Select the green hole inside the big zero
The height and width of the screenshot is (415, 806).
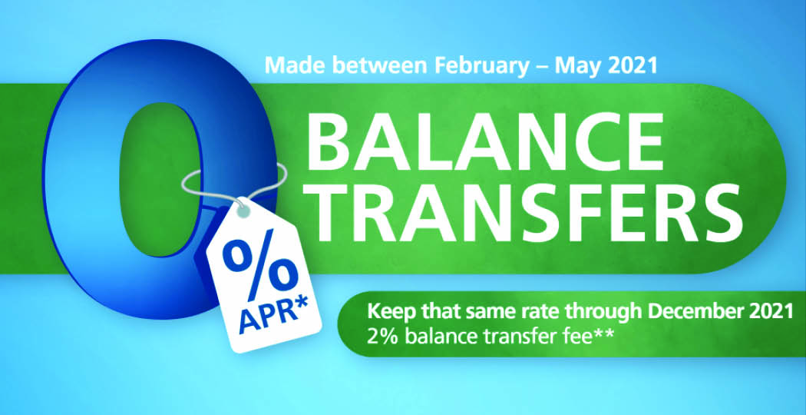[x=159, y=178]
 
